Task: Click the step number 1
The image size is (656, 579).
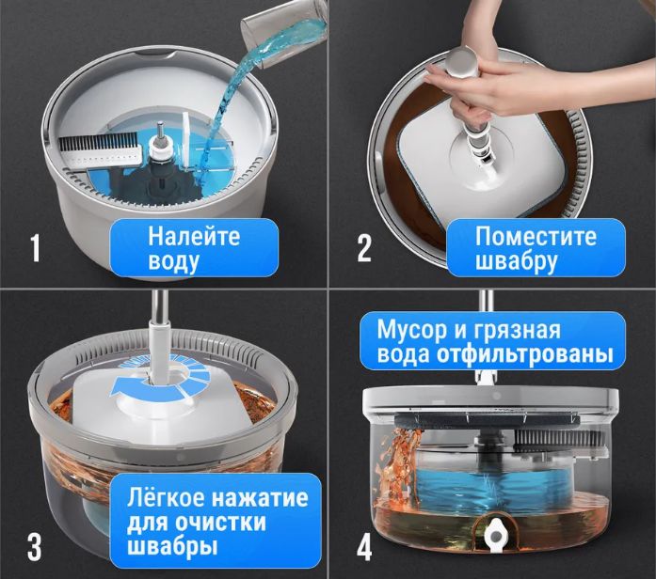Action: pos(36,249)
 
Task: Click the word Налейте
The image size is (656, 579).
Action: pos(194,236)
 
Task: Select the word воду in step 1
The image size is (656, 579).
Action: pos(173,260)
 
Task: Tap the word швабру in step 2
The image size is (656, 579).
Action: pos(516,260)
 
